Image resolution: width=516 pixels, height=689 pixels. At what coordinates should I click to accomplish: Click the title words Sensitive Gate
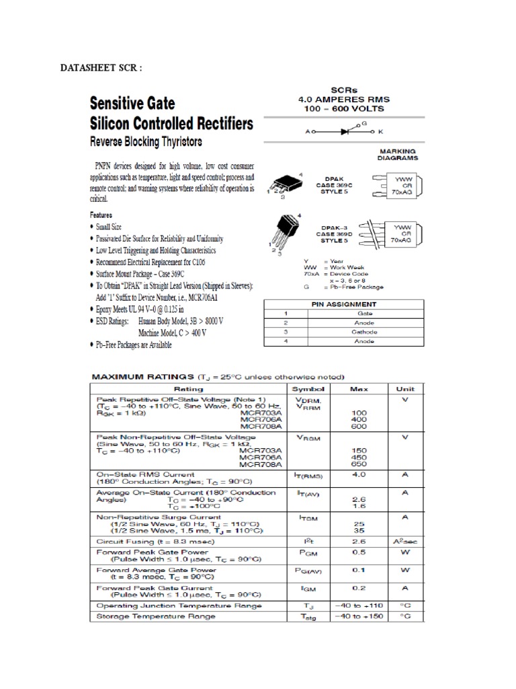(x=133, y=104)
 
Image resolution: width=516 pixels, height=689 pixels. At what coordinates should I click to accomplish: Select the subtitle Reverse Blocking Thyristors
(x=146, y=143)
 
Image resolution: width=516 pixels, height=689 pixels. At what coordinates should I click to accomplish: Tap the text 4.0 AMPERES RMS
(x=344, y=99)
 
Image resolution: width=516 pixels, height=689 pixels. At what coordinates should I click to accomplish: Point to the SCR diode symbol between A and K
(x=344, y=131)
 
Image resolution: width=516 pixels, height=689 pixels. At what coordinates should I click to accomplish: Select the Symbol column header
(x=308, y=389)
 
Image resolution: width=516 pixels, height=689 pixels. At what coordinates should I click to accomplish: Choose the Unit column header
(x=405, y=389)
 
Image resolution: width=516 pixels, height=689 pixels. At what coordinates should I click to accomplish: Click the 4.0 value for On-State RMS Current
(x=358, y=474)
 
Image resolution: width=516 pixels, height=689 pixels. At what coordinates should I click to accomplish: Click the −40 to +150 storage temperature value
(x=358, y=616)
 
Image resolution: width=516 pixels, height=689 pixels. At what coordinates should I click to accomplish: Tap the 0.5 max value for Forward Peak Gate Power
(x=358, y=552)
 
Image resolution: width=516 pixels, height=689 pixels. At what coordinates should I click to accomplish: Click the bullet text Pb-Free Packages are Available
(x=134, y=344)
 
